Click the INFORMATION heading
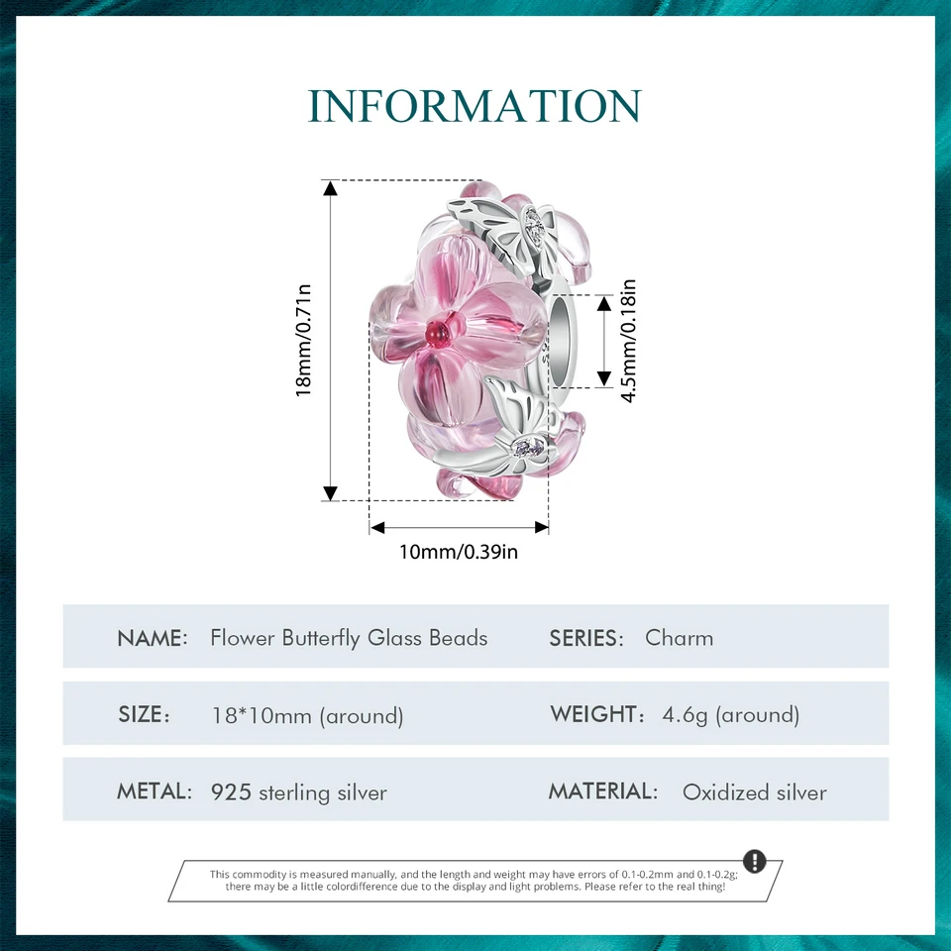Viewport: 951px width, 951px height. click(475, 106)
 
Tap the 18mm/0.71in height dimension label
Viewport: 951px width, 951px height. click(304, 340)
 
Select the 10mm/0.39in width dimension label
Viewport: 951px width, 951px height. click(459, 552)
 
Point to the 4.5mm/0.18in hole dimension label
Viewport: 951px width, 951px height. click(628, 341)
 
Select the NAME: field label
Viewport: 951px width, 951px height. click(153, 638)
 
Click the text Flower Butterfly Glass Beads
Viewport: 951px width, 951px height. click(349, 638)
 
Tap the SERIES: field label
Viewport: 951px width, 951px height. click(586, 638)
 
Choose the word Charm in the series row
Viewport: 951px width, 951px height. click(679, 638)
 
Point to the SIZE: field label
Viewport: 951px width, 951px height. click(145, 715)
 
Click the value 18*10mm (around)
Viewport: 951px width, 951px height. click(307, 715)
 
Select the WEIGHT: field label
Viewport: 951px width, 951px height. click(596, 714)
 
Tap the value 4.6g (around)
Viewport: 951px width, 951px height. click(730, 715)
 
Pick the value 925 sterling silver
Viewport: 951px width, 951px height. click(299, 792)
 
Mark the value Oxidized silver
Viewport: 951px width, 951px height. click(754, 792)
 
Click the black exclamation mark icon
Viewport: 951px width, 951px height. click(754, 860)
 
